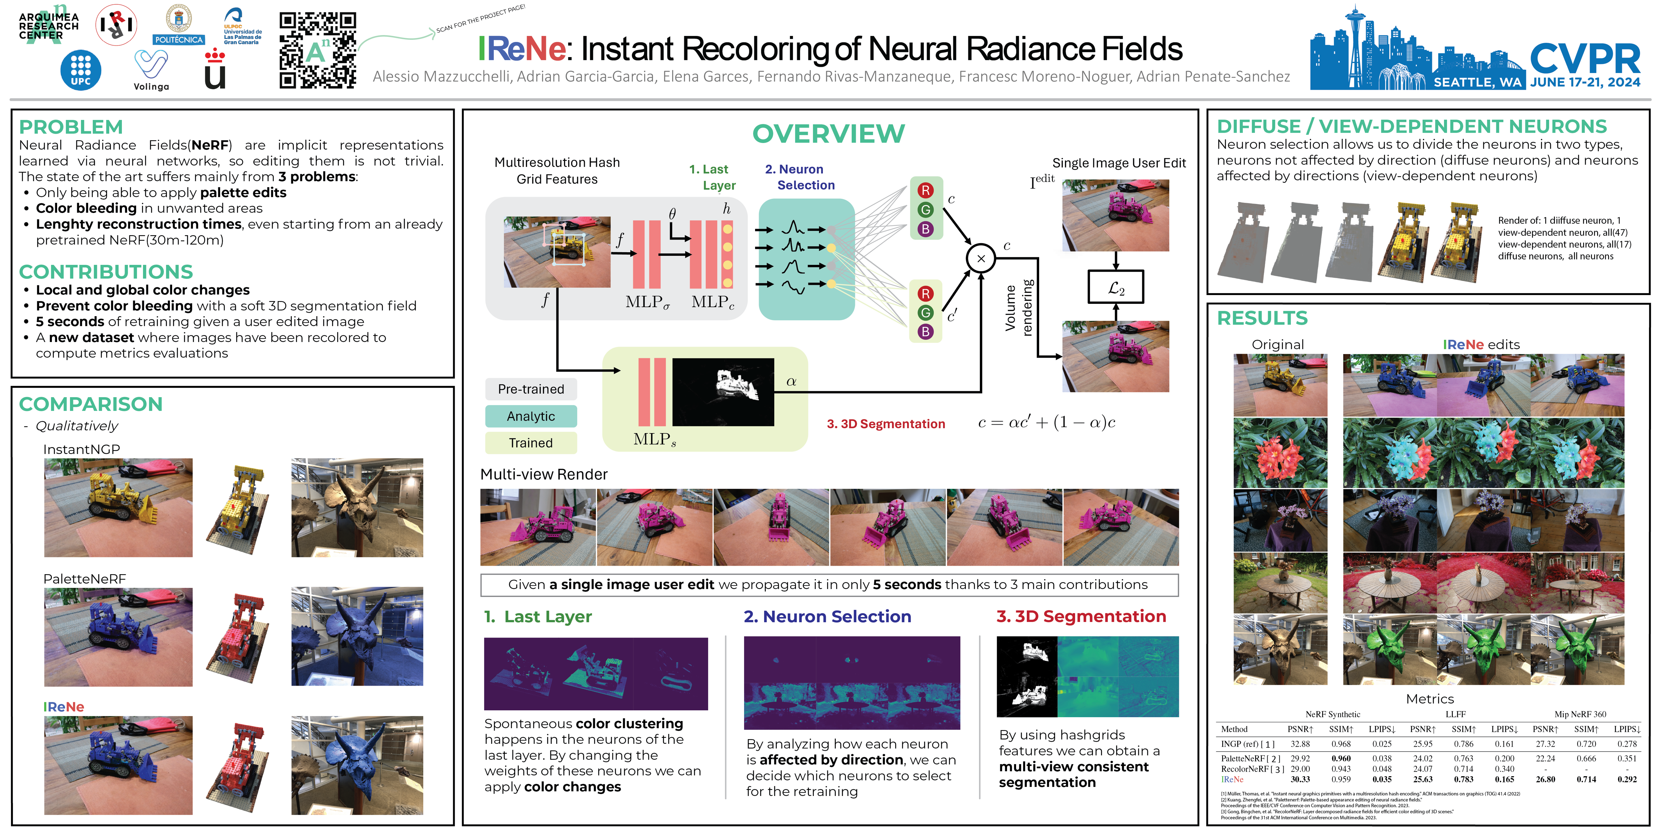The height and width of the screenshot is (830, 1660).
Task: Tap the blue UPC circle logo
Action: pyautogui.click(x=80, y=70)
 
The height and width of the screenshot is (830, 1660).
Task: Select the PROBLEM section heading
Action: pyautogui.click(x=71, y=127)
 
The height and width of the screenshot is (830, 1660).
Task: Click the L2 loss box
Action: pyautogui.click(x=1115, y=287)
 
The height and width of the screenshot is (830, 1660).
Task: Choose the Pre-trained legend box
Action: pyautogui.click(x=531, y=389)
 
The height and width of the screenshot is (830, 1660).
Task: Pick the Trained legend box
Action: pyautogui.click(x=531, y=443)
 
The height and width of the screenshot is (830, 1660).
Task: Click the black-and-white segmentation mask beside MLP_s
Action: pyautogui.click(x=723, y=392)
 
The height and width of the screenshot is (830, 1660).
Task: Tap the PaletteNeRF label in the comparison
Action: pyautogui.click(x=84, y=579)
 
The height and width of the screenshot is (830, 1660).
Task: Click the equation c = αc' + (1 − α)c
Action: pyautogui.click(x=1047, y=423)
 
